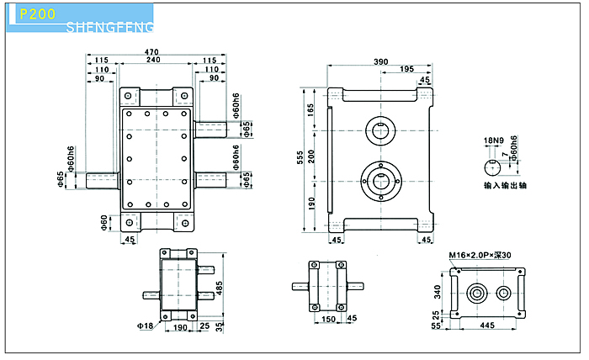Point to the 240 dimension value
(x=152, y=61)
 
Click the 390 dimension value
(x=381, y=61)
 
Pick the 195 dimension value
(x=406, y=70)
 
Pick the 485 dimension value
(x=220, y=288)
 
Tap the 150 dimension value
(x=328, y=319)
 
